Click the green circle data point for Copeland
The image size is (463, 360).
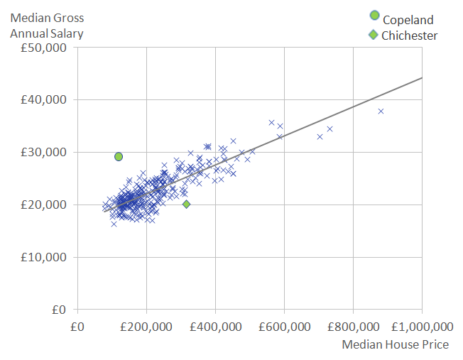click(x=119, y=156)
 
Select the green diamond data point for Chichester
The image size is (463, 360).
click(x=187, y=204)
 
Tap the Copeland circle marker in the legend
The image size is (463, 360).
click(x=374, y=16)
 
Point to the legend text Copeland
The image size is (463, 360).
click(x=408, y=20)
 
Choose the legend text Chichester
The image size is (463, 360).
click(x=410, y=36)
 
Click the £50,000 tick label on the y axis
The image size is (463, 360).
click(x=45, y=48)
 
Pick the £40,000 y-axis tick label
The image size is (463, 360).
click(x=45, y=100)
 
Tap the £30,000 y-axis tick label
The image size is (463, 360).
click(x=45, y=153)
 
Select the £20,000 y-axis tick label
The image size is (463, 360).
click(x=45, y=205)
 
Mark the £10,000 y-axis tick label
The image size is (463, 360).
click(x=45, y=258)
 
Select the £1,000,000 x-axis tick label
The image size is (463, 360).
click(x=421, y=327)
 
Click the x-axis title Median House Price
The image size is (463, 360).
click(x=395, y=344)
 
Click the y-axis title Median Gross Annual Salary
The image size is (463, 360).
click(x=46, y=26)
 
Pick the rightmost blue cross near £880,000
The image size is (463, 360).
click(x=381, y=111)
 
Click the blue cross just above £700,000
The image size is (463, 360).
click(x=320, y=136)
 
